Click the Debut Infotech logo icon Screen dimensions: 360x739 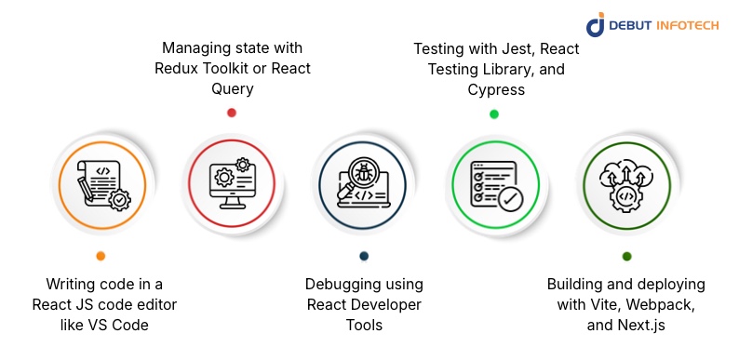pos(596,25)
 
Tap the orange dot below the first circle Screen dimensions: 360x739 pos(101,256)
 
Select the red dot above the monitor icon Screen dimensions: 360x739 pos(232,113)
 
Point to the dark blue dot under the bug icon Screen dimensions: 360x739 pos(363,256)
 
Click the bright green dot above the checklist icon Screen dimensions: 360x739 pos(494,113)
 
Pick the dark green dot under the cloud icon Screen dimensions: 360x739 pos(626,256)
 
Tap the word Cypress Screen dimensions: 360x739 pos(493,90)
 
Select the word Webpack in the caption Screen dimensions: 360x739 pos(666,305)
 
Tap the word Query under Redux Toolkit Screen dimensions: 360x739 pos(232,90)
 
